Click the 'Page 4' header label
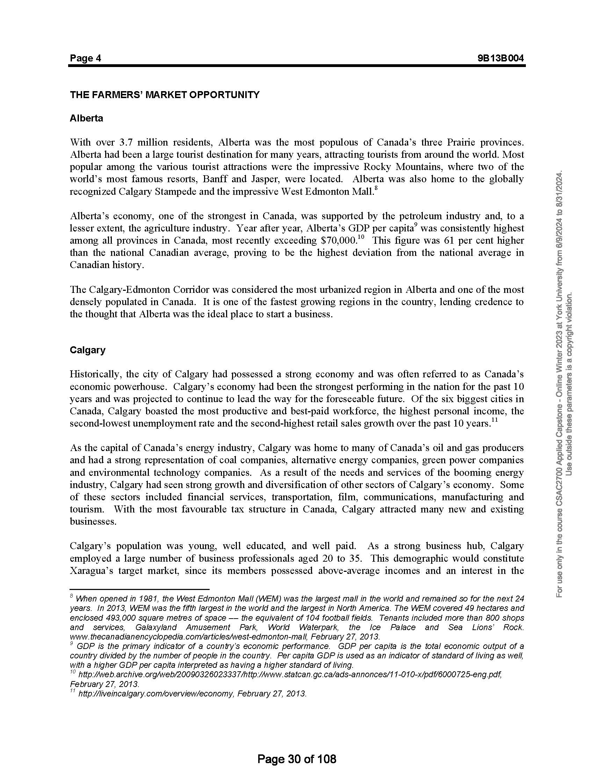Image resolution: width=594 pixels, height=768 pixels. tap(86, 58)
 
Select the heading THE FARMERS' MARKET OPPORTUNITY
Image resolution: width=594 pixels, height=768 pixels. tap(165, 95)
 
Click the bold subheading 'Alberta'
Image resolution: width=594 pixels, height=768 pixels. tap(87, 118)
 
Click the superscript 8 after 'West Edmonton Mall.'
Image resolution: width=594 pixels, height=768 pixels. tap(376, 189)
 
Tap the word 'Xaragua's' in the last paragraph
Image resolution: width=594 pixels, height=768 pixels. tap(91, 571)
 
